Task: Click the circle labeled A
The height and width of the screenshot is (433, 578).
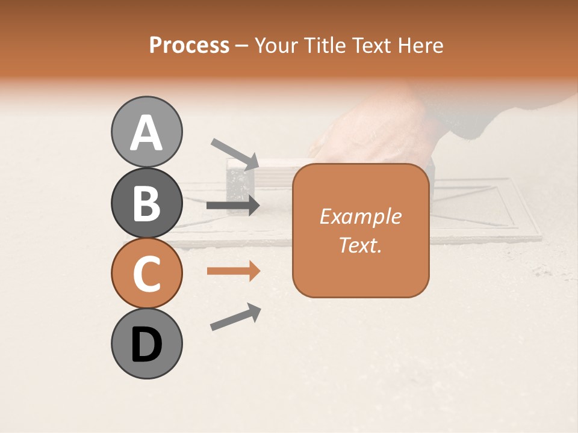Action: pos(147,132)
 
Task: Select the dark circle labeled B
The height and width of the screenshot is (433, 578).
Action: pos(147,203)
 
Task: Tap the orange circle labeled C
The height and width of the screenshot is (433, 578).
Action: pos(147,273)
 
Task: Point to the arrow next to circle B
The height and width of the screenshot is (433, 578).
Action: pos(233,205)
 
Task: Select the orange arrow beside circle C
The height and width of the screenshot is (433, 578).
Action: pos(233,271)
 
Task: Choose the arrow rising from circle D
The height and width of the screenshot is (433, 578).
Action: pos(235,317)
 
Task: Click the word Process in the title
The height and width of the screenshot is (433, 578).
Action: pos(189,46)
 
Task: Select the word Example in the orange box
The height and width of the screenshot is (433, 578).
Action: pos(360,216)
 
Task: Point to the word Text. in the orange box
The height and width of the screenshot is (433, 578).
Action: pos(360,245)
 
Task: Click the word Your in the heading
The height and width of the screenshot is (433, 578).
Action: pos(276,46)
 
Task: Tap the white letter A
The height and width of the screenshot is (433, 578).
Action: pos(147,133)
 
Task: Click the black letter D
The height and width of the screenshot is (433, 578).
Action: pos(147,345)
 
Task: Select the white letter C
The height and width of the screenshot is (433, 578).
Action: pos(147,274)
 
